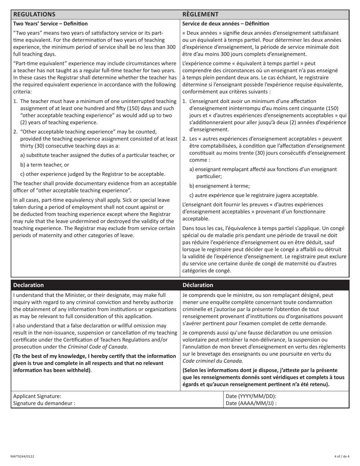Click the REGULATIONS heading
click(x=34, y=14)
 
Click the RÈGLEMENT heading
click(x=200, y=14)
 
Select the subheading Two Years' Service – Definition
click(x=50, y=23)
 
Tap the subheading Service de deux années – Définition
click(x=226, y=23)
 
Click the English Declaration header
click(x=28, y=285)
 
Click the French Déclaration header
click(x=198, y=285)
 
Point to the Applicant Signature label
click(x=37, y=396)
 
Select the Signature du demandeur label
click(x=44, y=403)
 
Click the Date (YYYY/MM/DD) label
click(x=251, y=396)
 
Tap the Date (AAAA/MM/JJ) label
click(x=251, y=403)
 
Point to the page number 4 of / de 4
click(x=342, y=456)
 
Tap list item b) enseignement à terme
click(x=219, y=186)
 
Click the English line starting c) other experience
click(x=93, y=174)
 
